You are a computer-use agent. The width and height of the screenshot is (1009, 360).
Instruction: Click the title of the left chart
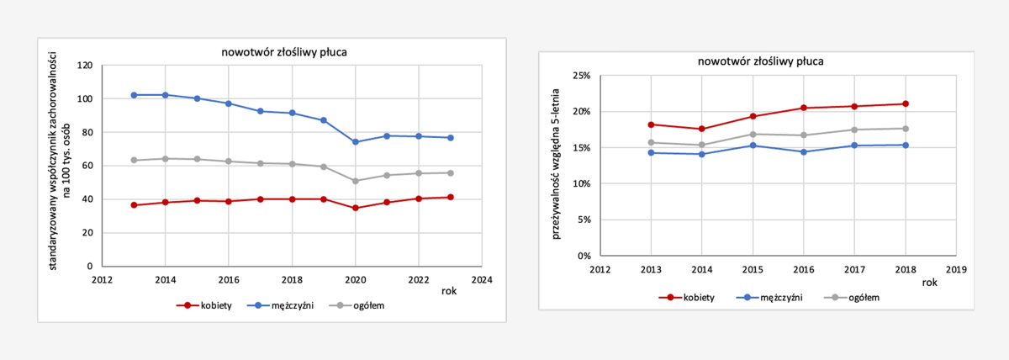pyautogui.click(x=284, y=52)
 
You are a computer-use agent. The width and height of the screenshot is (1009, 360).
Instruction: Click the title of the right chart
pyautogui.click(x=760, y=61)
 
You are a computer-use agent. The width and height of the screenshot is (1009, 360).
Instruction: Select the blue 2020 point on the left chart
pyautogui.click(x=356, y=142)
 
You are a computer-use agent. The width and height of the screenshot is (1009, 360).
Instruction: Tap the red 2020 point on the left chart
pyautogui.click(x=356, y=208)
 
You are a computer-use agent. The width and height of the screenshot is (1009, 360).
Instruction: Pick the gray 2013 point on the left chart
pyautogui.click(x=134, y=160)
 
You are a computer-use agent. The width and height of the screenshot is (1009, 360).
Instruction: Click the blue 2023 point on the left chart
pyautogui.click(x=450, y=138)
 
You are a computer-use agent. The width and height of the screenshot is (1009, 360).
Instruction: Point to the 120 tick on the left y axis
pyautogui.click(x=84, y=66)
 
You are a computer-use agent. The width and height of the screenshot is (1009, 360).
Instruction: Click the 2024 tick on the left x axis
pyautogui.click(x=481, y=279)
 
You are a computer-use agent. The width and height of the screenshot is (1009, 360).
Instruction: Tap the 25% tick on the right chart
pyautogui.click(x=582, y=76)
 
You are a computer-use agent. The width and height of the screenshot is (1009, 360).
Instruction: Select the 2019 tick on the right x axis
pyautogui.click(x=956, y=269)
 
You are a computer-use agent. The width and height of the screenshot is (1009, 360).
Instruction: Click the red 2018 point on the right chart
pyautogui.click(x=906, y=104)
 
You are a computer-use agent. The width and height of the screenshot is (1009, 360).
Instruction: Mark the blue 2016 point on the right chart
pyautogui.click(x=803, y=152)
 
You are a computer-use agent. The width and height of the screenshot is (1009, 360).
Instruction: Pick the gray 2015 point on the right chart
pyautogui.click(x=753, y=135)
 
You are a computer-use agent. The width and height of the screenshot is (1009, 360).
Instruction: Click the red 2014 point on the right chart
pyautogui.click(x=701, y=129)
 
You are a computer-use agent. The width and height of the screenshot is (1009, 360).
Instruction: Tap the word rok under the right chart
pyautogui.click(x=929, y=283)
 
